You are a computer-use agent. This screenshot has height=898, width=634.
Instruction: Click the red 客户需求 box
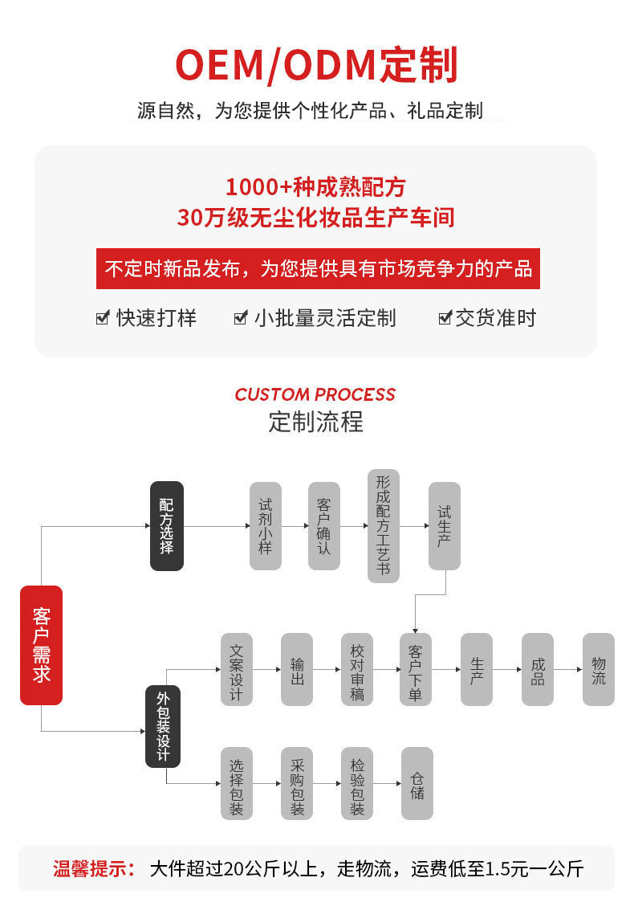tap(41, 645)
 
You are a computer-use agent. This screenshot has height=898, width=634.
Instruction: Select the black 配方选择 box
tap(167, 526)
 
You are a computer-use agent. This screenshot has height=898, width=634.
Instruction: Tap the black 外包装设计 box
tap(163, 726)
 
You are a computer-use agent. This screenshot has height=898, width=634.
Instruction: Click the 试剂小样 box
tap(265, 526)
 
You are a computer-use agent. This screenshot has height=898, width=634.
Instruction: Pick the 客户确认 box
tap(324, 526)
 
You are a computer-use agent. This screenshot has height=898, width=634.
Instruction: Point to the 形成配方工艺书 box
tap(384, 526)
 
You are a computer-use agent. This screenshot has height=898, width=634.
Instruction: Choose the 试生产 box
tap(444, 526)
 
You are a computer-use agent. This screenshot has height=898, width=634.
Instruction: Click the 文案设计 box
tap(236, 670)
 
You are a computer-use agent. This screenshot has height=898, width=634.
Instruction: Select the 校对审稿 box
tap(357, 670)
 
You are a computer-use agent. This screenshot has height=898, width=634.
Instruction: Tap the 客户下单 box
tap(415, 670)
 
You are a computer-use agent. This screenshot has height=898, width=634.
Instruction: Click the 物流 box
tap(598, 670)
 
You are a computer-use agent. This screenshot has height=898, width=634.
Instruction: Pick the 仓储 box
tap(417, 783)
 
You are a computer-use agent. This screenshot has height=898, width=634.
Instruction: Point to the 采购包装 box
tap(297, 783)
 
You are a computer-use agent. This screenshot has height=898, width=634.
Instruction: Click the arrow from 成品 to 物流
tap(568, 670)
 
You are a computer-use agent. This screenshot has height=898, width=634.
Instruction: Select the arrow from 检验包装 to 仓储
tap(388, 783)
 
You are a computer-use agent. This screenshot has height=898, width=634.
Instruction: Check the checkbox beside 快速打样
tap(102, 318)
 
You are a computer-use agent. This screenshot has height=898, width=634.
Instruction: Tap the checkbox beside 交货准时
tap(445, 318)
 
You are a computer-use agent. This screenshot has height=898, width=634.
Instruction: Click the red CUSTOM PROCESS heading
tap(315, 394)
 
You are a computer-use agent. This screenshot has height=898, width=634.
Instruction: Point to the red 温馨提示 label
tap(93, 868)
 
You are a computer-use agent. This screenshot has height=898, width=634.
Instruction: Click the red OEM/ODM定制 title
tap(316, 65)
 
